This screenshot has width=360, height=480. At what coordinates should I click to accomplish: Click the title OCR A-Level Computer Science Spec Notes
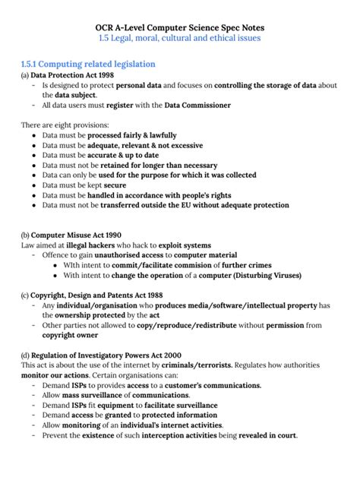pyautogui.click(x=180, y=27)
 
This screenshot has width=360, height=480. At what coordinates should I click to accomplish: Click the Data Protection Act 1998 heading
pyautogui.click(x=73, y=76)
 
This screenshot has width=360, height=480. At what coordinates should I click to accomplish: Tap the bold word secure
pyautogui.click(x=115, y=185)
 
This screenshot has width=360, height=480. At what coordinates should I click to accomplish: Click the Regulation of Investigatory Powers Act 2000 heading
pyautogui.click(x=106, y=355)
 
